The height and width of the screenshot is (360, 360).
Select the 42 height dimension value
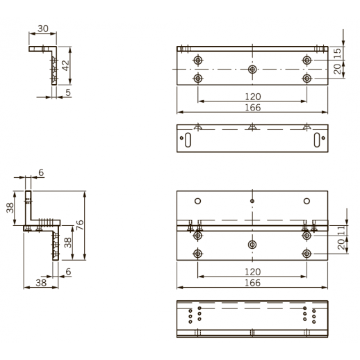tap(65, 64)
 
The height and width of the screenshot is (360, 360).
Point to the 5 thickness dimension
tap(68, 91)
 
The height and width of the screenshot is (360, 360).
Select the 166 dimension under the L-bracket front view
tap(252, 108)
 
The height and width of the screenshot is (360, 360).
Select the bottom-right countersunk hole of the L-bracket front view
tap(306, 78)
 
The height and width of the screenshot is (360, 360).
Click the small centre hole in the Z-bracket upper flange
tap(252, 202)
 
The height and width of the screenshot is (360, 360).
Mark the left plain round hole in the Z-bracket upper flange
tap(198, 202)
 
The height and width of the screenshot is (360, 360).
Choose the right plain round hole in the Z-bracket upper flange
tap(306, 202)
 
